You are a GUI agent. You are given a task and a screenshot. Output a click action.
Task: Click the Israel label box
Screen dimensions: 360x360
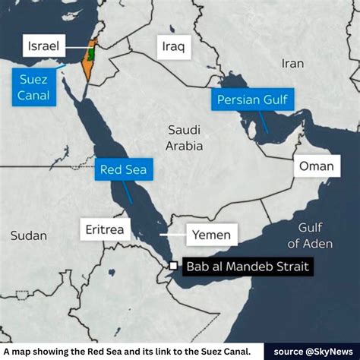point(43,46)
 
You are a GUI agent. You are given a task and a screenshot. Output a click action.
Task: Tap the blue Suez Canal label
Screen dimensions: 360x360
point(33,86)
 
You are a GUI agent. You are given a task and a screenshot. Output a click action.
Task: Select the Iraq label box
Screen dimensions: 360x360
point(172,47)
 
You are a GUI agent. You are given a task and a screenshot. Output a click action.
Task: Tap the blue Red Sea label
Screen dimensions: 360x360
point(122,169)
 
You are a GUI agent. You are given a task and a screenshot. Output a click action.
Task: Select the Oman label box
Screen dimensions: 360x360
point(316,166)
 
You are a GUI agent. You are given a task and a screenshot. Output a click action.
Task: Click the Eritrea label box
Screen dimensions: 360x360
point(106,228)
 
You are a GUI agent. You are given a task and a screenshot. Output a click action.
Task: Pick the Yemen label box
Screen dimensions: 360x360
point(209,235)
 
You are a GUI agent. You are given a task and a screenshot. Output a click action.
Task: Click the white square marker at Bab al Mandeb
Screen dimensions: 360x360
point(173,266)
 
